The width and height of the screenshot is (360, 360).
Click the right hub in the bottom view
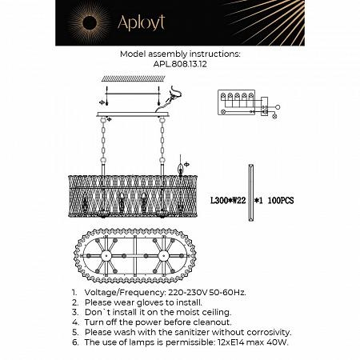click(x=166, y=260)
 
